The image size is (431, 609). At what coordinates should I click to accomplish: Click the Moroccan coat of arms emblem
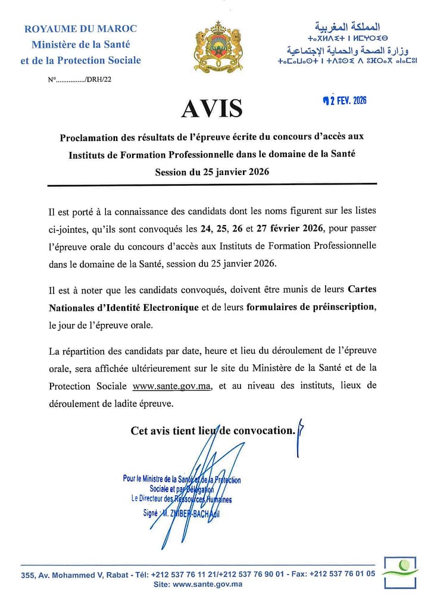(x=218, y=47)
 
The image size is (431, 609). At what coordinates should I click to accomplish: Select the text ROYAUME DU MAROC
(x=80, y=29)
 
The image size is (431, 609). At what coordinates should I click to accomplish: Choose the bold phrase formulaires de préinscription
(x=310, y=307)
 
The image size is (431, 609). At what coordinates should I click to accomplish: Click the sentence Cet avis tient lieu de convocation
(x=213, y=430)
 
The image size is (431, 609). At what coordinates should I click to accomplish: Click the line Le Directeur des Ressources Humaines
(x=182, y=499)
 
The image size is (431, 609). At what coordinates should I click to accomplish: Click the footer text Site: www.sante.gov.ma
(x=198, y=585)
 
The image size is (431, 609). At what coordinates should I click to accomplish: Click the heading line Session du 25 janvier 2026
(x=212, y=172)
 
